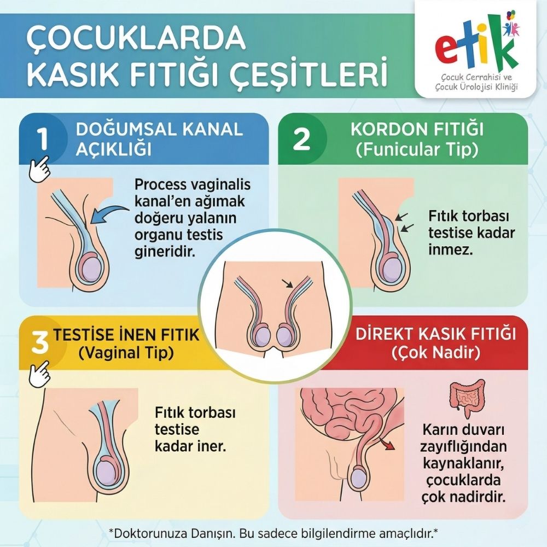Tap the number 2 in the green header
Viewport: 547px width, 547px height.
point(301,139)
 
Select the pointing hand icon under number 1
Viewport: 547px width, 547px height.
point(39,170)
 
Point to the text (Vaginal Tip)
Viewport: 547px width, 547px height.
point(126,353)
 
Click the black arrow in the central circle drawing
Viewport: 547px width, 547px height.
point(288,283)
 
